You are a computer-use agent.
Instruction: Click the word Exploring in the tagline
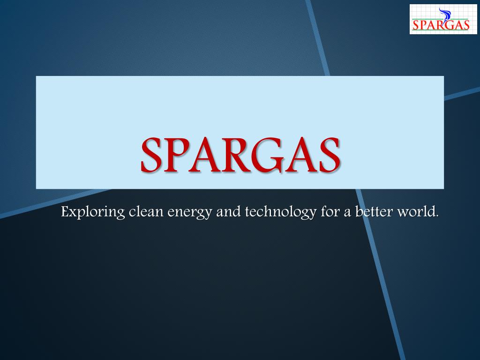pos(93,212)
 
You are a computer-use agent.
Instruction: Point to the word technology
pos(281,212)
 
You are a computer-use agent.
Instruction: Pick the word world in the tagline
pos(416,211)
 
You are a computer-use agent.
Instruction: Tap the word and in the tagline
pos(228,211)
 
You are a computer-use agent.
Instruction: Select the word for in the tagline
pos(330,211)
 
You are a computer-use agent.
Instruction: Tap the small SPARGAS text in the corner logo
pos(441,25)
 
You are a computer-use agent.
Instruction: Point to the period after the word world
pos(437,216)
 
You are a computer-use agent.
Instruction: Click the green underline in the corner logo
pos(441,30)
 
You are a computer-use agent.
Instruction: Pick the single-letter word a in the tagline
pos(347,213)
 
